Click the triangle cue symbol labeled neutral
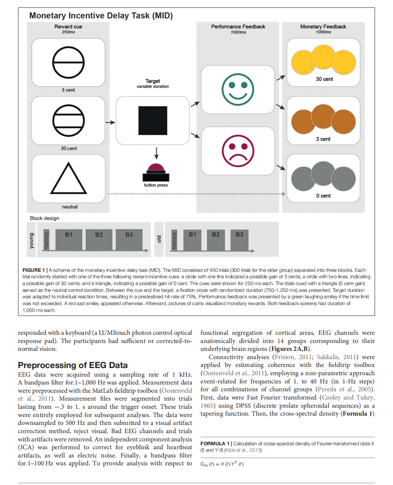click(x=69, y=179)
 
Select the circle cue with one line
click(x=68, y=62)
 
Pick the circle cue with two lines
click(x=68, y=121)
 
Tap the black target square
click(x=153, y=121)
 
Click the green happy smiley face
click(x=238, y=89)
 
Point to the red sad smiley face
click(x=238, y=151)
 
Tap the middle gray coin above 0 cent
click(x=323, y=173)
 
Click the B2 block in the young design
click(x=99, y=239)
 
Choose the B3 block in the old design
click(x=239, y=239)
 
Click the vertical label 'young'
click(x=31, y=241)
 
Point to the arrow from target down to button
click(x=156, y=153)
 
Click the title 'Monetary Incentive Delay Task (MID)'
click(x=101, y=16)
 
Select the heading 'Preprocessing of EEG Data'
click(x=73, y=365)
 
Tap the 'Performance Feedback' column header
click(x=238, y=26)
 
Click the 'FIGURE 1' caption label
click(x=34, y=270)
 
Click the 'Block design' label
click(x=44, y=218)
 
